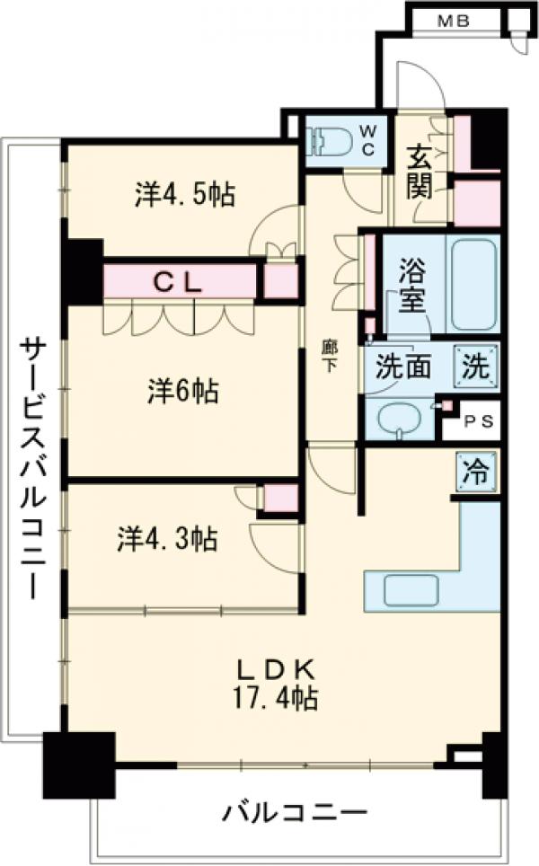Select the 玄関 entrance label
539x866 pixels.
tap(420, 172)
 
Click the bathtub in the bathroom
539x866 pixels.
tap(473, 284)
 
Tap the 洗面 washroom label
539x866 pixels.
tap(403, 367)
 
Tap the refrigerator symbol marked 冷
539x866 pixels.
tap(475, 473)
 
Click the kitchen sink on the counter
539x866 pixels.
tap(410, 589)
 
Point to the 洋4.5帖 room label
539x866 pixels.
tap(186, 193)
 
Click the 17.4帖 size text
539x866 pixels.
tap(275, 697)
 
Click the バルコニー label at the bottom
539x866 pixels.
tap(295, 815)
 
